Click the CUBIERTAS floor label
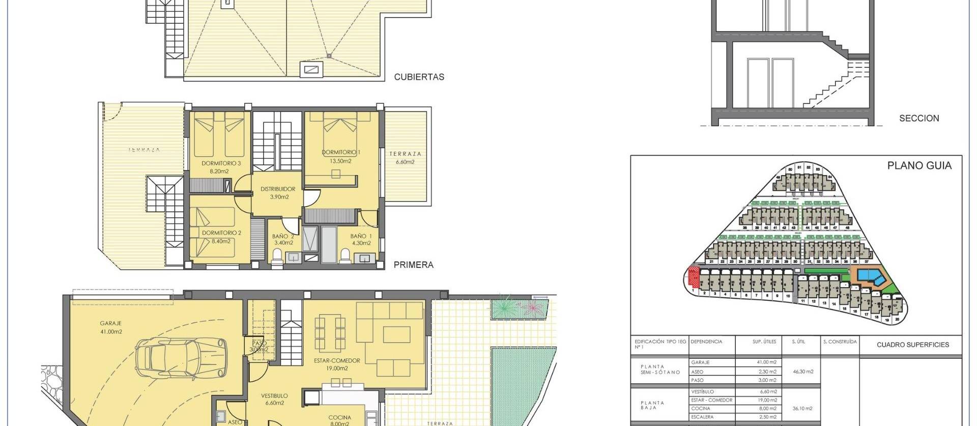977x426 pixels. click(x=419, y=77)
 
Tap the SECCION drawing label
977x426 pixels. click(x=919, y=118)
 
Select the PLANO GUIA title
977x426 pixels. click(x=919, y=165)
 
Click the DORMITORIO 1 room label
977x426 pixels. click(x=341, y=156)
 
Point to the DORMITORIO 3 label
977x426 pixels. click(x=221, y=167)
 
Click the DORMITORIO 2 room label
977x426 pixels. click(x=221, y=237)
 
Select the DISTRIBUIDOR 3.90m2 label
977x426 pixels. click(x=278, y=192)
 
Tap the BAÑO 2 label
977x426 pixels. click(x=283, y=239)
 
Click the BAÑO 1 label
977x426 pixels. click(x=361, y=239)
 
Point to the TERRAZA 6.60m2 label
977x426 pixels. click(x=405, y=158)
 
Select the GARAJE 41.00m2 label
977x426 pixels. click(x=111, y=327)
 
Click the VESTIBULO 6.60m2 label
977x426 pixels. click(x=274, y=399)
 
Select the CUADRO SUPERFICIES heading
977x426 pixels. click(x=912, y=345)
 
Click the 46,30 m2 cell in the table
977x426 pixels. click(x=803, y=372)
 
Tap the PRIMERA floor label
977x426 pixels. click(x=413, y=265)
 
